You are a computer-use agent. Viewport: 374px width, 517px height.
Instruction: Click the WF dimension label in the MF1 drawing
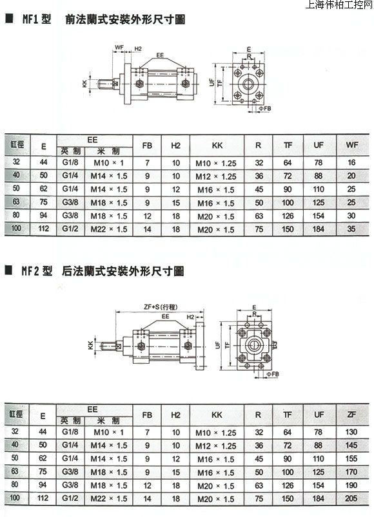click(x=119, y=48)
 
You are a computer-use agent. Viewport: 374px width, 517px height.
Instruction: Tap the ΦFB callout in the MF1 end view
click(x=265, y=108)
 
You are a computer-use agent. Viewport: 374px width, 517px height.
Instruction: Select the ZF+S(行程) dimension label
click(x=161, y=306)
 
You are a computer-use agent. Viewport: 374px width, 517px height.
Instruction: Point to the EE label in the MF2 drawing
click(x=165, y=316)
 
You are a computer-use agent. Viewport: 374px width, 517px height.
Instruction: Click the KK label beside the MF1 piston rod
click(x=84, y=84)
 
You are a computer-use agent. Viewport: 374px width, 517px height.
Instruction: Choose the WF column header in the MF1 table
click(x=352, y=144)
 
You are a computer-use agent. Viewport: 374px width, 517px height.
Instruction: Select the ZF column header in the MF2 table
click(x=351, y=414)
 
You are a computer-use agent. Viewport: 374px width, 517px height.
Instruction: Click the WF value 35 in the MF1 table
click(x=351, y=229)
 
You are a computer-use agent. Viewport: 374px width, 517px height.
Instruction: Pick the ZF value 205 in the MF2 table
click(x=351, y=498)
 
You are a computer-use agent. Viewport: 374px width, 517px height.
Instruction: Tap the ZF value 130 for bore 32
click(x=351, y=431)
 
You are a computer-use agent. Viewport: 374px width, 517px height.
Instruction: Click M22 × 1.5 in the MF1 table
click(x=109, y=229)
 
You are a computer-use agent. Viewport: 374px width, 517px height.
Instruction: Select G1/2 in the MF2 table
click(x=70, y=498)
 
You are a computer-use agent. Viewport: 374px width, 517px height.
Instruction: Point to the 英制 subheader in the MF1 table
click(x=71, y=151)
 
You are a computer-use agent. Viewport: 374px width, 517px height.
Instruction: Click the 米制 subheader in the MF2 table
click(x=108, y=420)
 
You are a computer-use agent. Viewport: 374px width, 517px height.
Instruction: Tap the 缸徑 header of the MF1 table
click(x=17, y=144)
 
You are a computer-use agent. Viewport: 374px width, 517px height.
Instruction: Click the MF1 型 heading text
click(x=37, y=19)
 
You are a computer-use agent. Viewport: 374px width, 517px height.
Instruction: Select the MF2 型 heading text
click(x=37, y=271)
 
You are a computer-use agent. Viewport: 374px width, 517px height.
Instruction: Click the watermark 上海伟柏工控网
click(x=339, y=5)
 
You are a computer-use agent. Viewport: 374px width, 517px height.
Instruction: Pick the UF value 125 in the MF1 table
click(x=318, y=202)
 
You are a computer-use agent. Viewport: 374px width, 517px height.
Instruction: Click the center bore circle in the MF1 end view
click(x=248, y=84)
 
